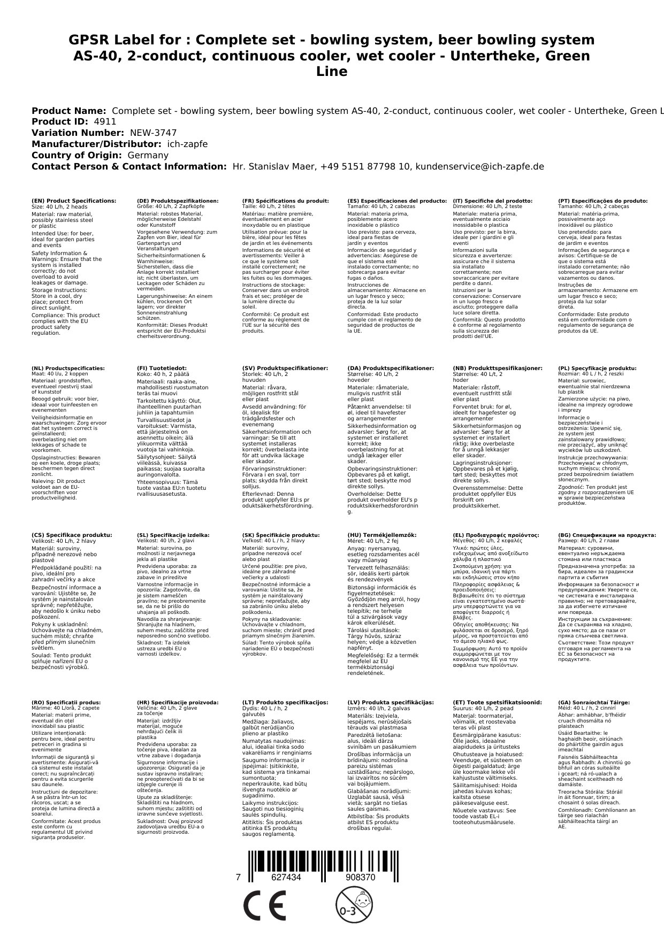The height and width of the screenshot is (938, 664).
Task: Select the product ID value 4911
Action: coord(105,121)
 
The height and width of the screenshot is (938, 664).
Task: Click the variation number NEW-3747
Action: coord(153,133)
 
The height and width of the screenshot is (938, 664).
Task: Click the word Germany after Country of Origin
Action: coord(148,155)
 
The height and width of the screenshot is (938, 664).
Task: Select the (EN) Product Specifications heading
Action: coord(74,201)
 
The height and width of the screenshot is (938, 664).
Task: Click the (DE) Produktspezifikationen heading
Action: coord(178,201)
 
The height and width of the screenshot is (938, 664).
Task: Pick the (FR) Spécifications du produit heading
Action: coord(285,201)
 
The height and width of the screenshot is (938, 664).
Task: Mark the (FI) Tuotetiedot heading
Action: coord(162,368)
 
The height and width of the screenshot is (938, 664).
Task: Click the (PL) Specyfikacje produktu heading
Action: coord(597,368)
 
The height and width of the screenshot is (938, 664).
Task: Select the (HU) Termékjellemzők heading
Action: coord(381,535)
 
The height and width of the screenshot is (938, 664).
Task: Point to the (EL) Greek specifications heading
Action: coord(496,535)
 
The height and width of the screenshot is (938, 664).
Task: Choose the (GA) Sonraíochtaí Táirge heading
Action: coord(594,702)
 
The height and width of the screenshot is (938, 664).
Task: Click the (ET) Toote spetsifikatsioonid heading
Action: coord(497,702)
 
